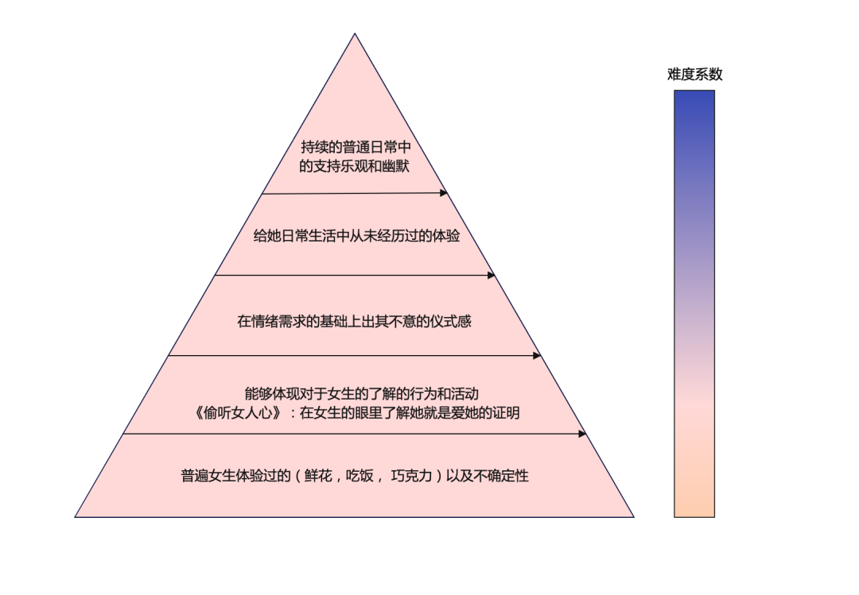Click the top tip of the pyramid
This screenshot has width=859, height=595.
355,34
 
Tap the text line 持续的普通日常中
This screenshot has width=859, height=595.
356,147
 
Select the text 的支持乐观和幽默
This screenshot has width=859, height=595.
355,167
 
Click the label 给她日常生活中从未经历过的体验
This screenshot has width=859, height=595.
356,236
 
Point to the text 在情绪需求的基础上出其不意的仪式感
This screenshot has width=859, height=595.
355,322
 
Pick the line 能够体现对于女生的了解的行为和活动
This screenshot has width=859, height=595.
361,393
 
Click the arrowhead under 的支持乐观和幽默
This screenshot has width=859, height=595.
444,192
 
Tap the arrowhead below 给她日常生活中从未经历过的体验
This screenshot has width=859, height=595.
491,275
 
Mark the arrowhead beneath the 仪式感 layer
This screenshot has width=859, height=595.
536,356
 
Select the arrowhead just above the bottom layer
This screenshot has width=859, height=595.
582,434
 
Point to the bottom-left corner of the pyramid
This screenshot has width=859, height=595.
76,516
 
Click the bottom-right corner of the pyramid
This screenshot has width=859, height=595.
633,516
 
